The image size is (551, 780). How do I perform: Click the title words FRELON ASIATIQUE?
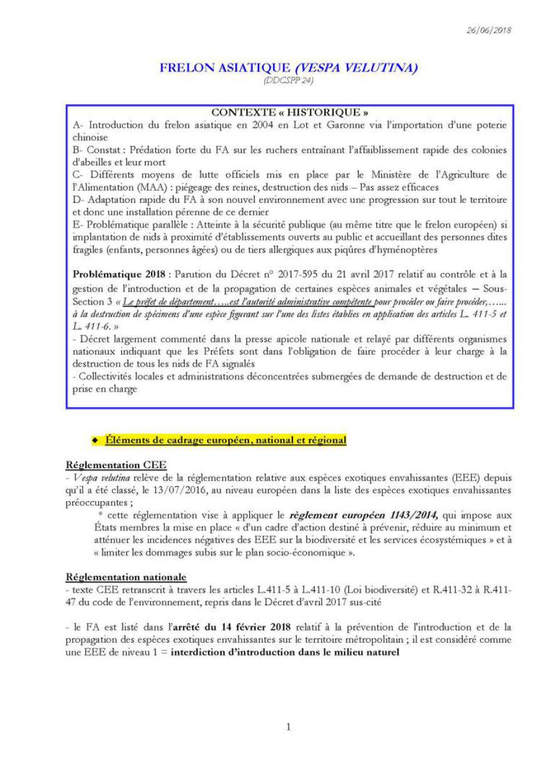225,68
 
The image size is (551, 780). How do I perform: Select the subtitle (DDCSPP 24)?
288,80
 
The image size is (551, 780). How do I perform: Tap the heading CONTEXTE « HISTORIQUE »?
290,113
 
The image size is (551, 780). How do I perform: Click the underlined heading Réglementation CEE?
108,465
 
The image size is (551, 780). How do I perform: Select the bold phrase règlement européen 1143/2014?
364,515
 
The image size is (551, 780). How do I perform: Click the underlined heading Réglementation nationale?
126,577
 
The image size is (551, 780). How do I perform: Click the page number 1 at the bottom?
289,727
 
